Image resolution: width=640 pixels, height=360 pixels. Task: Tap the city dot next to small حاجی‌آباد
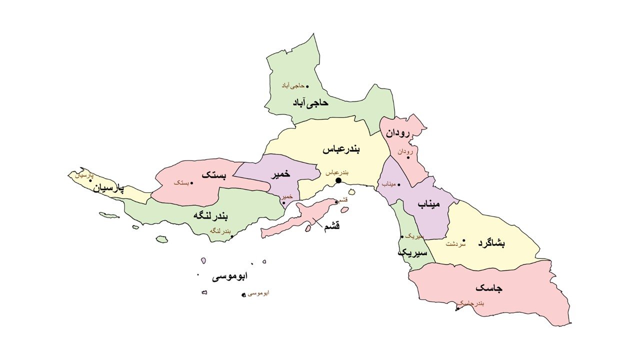(x=307, y=86)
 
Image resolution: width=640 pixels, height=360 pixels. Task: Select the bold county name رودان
(x=397, y=133)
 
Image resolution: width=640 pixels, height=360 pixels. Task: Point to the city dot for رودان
(x=408, y=157)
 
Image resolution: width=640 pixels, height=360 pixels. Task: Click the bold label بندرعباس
(x=343, y=149)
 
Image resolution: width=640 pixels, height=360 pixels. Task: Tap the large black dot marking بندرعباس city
(x=338, y=180)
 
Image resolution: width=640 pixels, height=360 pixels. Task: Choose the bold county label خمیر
(x=280, y=175)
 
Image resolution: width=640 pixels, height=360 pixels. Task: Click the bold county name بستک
(x=214, y=175)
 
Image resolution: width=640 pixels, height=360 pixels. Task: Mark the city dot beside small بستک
(x=192, y=183)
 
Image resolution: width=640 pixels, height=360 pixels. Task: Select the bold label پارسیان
(x=107, y=188)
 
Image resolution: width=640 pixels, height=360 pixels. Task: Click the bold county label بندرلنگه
(x=210, y=216)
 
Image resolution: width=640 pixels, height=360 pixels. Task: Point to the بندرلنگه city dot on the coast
(x=232, y=236)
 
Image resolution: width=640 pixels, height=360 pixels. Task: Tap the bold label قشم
(x=331, y=226)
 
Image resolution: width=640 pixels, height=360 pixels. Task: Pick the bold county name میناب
(x=428, y=205)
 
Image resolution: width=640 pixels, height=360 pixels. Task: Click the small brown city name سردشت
(x=455, y=244)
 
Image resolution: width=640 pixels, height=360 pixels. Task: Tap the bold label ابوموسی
(x=229, y=276)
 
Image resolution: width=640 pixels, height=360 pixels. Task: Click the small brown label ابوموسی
(x=258, y=293)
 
